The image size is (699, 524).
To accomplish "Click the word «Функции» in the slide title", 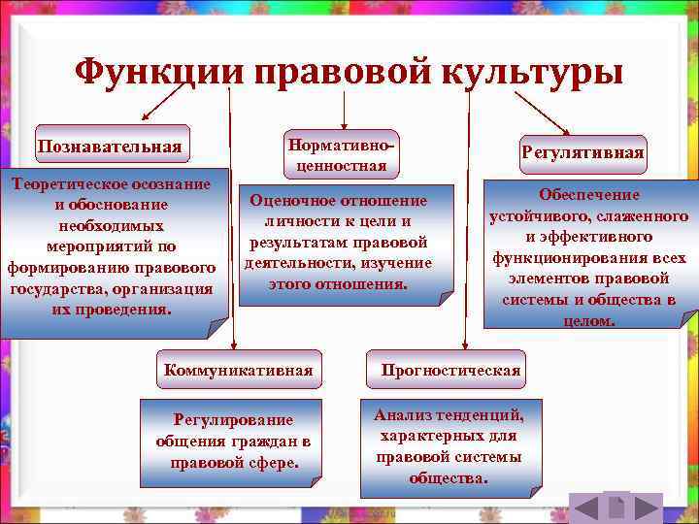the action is click(159, 71).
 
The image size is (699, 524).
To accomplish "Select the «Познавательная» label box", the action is click(110, 146).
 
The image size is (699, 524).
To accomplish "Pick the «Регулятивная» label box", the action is click(582, 153).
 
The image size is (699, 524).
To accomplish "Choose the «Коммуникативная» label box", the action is click(239, 370).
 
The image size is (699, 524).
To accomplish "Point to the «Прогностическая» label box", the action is click(450, 370).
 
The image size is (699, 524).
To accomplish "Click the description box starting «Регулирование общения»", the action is click(233, 441).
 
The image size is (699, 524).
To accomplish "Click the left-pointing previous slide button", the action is click(584, 508).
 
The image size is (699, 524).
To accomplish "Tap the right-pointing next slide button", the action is click(645, 508).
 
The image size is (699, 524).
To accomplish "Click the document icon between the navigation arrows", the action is click(615, 508).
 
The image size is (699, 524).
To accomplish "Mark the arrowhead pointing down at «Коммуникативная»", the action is click(233, 345).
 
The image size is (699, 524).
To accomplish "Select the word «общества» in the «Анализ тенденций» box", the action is click(449, 478).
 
